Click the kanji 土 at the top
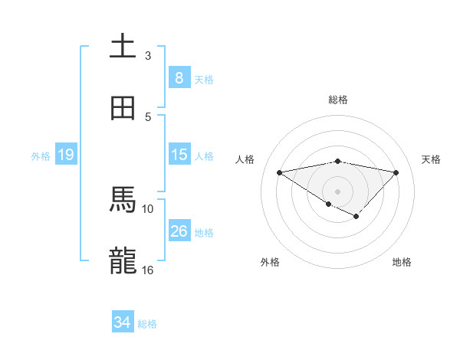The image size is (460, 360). pyautogui.click(x=123, y=47)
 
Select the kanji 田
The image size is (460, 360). pyautogui.click(x=123, y=109)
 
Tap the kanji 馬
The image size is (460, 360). pyautogui.click(x=123, y=201)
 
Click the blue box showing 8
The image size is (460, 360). pyautogui.click(x=179, y=78)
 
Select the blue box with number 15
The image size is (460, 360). pyautogui.click(x=179, y=155)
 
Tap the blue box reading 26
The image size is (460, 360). pyautogui.click(x=179, y=231)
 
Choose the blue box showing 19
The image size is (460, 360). pyautogui.click(x=66, y=155)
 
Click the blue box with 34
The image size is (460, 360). pyautogui.click(x=123, y=322)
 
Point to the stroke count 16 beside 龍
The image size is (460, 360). pyautogui.click(x=148, y=270)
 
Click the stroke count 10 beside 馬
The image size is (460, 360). pyautogui.click(x=148, y=208)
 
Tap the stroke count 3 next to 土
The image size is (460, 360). pyautogui.click(x=148, y=55)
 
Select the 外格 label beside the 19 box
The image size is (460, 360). pyautogui.click(x=41, y=155)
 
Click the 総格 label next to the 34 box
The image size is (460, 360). pyautogui.click(x=147, y=323)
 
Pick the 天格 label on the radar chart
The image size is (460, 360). pyautogui.click(x=432, y=159)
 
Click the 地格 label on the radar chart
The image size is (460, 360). pyautogui.click(x=402, y=262)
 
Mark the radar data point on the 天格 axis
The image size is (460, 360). pyautogui.click(x=396, y=172)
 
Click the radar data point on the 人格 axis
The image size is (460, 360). pyautogui.click(x=279, y=172)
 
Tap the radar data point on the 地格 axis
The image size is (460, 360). pyautogui.click(x=356, y=217)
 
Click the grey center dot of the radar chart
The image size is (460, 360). pyautogui.click(x=337, y=191)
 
